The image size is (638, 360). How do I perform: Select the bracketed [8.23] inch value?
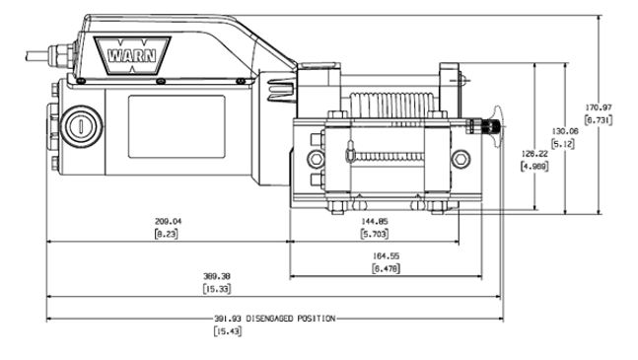coord(166,234)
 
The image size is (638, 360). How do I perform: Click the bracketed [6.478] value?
coord(386,267)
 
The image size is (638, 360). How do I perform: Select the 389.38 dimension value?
coord(217,277)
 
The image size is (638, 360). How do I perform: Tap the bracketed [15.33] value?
coord(217,290)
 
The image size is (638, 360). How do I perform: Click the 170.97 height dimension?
coord(599,107)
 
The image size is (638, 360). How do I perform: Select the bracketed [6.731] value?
coord(599,119)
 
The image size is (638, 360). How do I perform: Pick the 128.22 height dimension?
coord(533,154)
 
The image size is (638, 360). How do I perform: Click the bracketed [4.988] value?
coord(533,167)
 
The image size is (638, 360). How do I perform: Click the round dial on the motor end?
coord(79,125)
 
